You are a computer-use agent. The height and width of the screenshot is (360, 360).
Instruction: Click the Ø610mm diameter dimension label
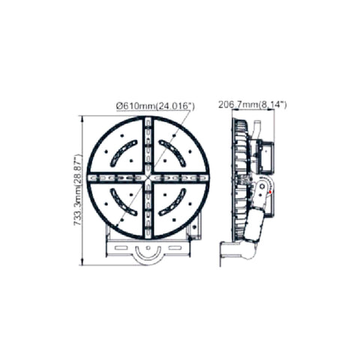pos(155,106)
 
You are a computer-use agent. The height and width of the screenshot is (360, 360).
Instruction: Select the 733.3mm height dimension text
pos(78,190)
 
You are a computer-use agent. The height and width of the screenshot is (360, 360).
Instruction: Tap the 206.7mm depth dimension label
pos(253,104)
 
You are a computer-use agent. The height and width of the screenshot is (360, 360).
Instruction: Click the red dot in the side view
pos(270,192)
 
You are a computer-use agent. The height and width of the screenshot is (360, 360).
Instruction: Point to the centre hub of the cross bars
pos(148,177)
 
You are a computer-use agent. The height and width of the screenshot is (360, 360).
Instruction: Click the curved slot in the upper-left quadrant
pos(124,153)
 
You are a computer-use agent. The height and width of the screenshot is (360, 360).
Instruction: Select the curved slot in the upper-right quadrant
pos(172,153)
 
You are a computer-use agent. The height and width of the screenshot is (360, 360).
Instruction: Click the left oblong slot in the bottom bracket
pos(121,247)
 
